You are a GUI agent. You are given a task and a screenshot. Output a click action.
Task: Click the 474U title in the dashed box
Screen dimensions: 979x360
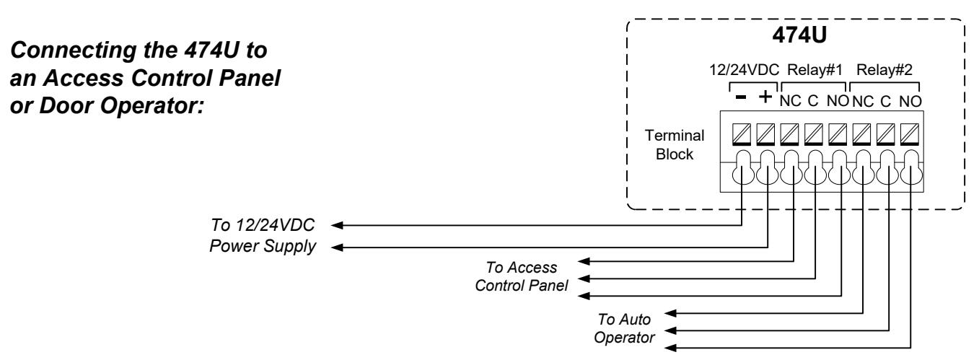(x=799, y=35)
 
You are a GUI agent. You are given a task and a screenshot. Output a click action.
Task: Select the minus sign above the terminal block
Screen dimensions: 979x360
(x=741, y=97)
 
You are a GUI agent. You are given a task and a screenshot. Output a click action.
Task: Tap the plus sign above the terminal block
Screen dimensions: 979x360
(x=765, y=97)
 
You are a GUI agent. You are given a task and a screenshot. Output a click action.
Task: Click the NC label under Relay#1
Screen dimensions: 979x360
(x=790, y=101)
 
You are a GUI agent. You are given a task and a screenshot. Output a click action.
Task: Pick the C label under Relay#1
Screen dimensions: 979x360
(x=813, y=101)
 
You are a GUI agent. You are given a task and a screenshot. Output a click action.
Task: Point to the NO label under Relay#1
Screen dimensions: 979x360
(x=838, y=101)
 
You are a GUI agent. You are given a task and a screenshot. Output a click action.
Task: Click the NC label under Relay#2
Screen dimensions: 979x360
(x=863, y=101)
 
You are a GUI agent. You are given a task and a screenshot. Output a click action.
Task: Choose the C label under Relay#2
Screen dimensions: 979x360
(x=885, y=101)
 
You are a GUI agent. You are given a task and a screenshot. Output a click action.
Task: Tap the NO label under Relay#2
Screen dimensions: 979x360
(x=910, y=101)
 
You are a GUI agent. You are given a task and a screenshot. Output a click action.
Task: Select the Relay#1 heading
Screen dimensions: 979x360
(x=815, y=70)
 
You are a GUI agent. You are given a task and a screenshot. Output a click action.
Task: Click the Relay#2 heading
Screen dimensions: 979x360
(x=884, y=70)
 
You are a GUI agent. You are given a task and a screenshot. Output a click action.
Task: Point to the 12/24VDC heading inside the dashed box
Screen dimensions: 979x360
(x=744, y=70)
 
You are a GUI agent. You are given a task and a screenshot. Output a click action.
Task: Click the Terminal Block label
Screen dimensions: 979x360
(x=675, y=144)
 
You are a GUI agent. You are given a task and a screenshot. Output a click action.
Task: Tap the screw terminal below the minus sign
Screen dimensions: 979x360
(x=742, y=135)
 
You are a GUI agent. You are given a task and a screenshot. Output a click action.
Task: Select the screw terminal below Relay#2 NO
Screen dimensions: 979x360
(x=910, y=135)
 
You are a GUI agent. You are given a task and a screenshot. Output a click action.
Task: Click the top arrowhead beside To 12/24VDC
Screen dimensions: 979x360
(x=337, y=225)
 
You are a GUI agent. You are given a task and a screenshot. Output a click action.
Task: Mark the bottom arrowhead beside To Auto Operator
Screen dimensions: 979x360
(x=670, y=348)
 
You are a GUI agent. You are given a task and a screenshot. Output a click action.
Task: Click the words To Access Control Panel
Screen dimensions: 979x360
(x=522, y=276)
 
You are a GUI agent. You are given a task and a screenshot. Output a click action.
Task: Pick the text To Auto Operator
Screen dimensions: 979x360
(x=624, y=328)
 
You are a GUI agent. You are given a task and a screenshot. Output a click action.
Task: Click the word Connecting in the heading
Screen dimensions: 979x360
(x=73, y=51)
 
